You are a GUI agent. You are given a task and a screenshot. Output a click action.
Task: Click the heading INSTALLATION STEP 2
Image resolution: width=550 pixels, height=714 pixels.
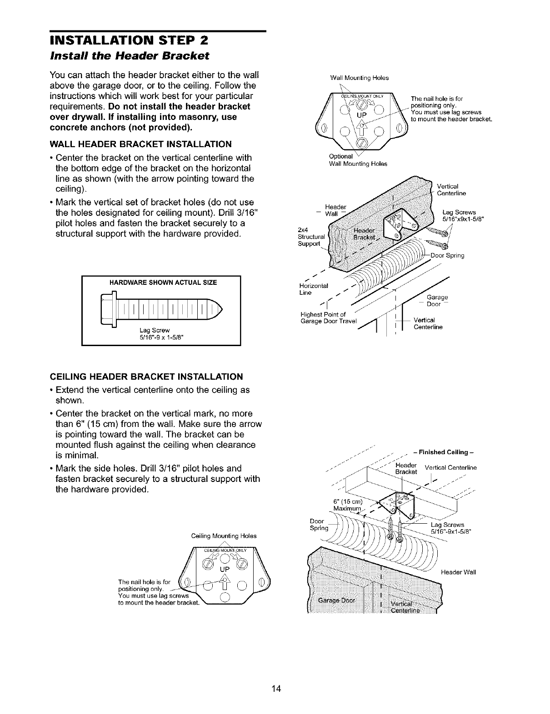pos(128,40)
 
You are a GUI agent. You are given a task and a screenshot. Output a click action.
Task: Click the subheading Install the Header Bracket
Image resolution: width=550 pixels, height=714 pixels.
pos(129,55)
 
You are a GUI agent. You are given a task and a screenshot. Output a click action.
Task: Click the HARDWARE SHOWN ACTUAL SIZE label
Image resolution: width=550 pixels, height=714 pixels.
pos(163,283)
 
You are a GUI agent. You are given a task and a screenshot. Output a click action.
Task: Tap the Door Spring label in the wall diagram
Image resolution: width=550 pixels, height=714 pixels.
pos(447,256)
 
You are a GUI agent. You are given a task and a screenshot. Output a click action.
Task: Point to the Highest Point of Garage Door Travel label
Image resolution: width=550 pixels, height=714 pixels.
pos(330,318)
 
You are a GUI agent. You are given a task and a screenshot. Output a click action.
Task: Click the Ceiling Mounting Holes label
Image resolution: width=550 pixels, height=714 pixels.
pos(224,536)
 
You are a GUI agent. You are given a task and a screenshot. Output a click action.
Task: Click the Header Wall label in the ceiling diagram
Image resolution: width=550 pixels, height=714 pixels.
pos(458,572)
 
